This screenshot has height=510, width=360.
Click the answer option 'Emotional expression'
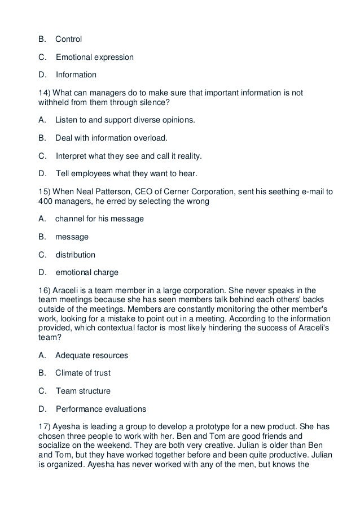click(95, 57)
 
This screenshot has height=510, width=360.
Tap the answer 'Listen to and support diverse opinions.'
click(125, 120)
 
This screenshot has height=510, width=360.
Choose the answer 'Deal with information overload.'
click(112, 138)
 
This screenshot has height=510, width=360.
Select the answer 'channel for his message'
click(99, 218)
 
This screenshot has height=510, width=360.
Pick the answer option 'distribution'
click(76, 254)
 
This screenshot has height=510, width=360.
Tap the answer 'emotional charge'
click(87, 272)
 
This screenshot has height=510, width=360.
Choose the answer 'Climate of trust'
click(83, 373)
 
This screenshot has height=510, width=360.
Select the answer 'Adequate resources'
click(91, 355)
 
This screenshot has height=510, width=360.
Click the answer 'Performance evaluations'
click(101, 408)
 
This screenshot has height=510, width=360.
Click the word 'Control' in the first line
click(68, 40)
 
